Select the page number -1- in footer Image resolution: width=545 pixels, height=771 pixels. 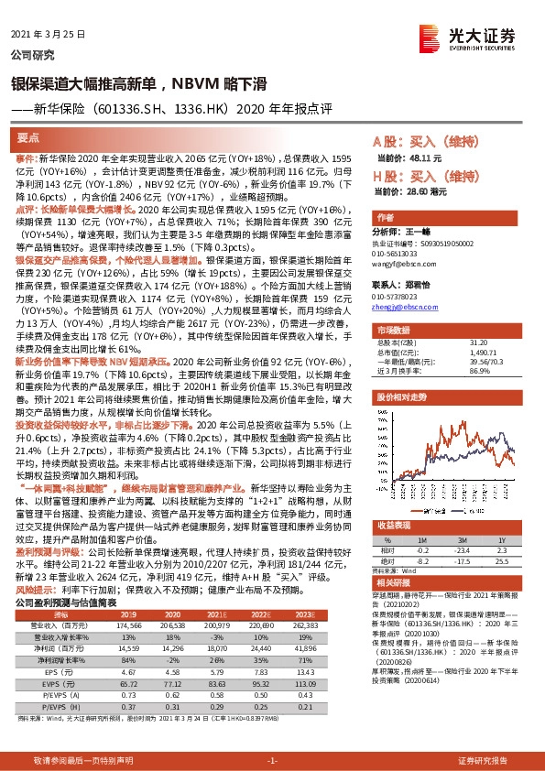(272, 760)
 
